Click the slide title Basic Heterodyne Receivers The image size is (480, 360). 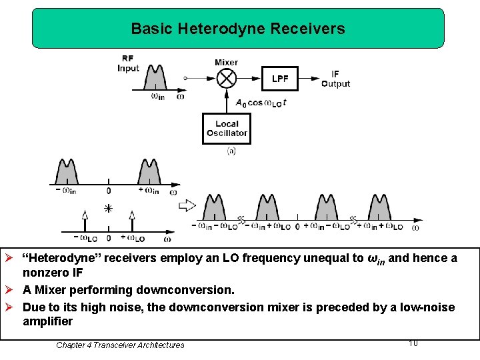coord(238,29)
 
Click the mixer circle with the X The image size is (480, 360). coord(227,79)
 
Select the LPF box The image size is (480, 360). coord(280,79)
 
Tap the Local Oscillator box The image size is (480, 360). coord(227,128)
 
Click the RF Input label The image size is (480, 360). coord(128,63)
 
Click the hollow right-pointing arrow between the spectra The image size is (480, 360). coord(187,205)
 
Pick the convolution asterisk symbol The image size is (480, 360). coord(108,208)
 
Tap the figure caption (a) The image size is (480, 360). coord(231,151)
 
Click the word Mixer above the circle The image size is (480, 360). coord(227,63)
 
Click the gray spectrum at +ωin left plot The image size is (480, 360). coord(149,173)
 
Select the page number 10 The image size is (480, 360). coord(413,343)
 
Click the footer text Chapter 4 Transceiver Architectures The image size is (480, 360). coord(120,345)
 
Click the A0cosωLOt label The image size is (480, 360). coord(261,103)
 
